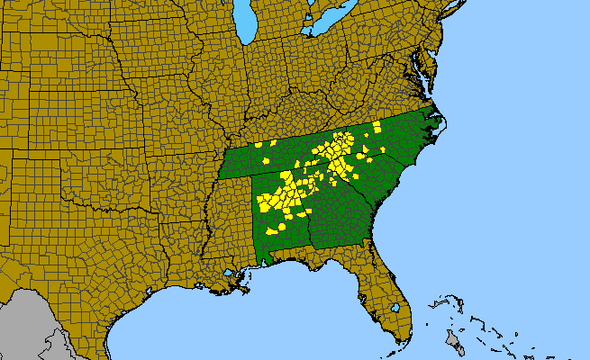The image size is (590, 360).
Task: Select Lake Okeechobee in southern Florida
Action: coord(395,308)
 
